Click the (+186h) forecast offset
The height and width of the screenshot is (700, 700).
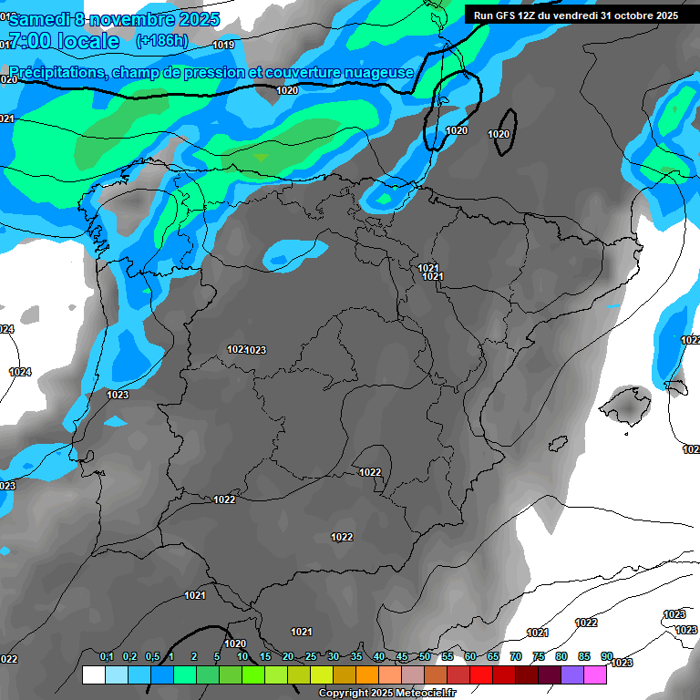point(161,41)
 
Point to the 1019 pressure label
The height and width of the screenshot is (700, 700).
point(223,45)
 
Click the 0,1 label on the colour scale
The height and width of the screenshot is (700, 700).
point(107,657)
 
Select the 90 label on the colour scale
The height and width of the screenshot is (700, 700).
point(607,657)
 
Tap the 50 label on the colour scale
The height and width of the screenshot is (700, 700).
point(425,657)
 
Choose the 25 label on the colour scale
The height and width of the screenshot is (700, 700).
point(311,657)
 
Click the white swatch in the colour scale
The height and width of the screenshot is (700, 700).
point(93,674)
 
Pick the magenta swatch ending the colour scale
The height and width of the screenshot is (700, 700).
point(595,674)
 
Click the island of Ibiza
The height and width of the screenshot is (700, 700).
point(558,443)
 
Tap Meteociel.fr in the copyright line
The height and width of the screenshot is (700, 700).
point(418,694)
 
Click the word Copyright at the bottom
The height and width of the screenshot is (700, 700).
point(344,694)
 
